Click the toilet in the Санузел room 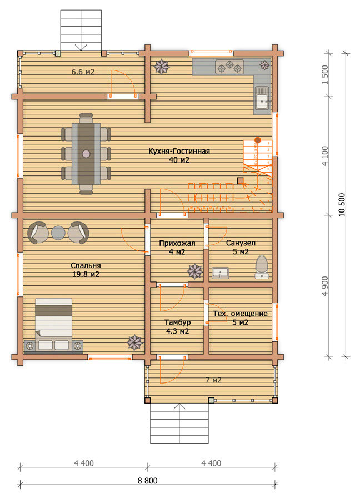[x=262, y=267]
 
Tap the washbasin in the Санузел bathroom [x=220, y=273]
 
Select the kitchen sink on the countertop [x=263, y=99]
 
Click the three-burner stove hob [x=229, y=67]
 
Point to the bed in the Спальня [x=53, y=325]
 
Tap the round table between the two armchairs [x=58, y=233]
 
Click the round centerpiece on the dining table [x=86, y=154]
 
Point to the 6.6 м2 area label [x=83, y=72]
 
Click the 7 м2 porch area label [x=213, y=380]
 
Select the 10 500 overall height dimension [x=342, y=205]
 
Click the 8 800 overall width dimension [x=148, y=481]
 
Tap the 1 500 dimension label [x=324, y=75]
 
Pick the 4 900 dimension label [x=324, y=286]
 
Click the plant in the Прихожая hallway [x=194, y=271]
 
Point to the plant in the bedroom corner [x=135, y=342]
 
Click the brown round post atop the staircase [x=257, y=140]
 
